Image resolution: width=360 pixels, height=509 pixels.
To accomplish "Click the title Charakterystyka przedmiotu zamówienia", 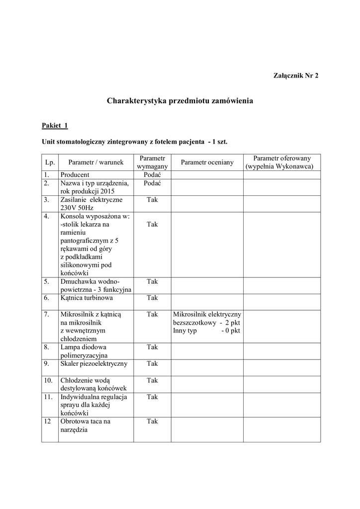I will click(x=180, y=101).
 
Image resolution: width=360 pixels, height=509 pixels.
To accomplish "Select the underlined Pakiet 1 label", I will click(x=55, y=126).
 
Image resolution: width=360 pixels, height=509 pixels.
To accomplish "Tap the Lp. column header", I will click(x=49, y=162).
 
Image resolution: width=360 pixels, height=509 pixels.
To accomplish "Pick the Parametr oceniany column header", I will click(x=207, y=162).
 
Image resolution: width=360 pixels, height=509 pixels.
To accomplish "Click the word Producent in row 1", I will click(x=75, y=175).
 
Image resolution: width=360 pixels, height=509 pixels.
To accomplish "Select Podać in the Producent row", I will click(x=152, y=175).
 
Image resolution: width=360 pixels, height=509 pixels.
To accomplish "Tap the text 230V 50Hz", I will click(x=77, y=208).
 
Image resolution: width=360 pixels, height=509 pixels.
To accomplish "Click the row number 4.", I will click(x=46, y=216).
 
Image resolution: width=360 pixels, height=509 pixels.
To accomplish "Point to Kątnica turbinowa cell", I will click(x=87, y=298).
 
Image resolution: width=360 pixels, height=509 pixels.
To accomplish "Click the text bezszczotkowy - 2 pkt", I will click(x=206, y=323).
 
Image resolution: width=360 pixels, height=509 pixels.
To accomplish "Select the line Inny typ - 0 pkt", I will click(x=206, y=331).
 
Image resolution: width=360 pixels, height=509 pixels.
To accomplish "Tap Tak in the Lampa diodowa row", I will click(x=152, y=347).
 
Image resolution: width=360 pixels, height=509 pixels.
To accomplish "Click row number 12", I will click(x=47, y=422).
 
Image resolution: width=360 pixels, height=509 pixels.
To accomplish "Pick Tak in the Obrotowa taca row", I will click(x=152, y=422).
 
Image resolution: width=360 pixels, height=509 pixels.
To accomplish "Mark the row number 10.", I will click(x=48, y=380).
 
